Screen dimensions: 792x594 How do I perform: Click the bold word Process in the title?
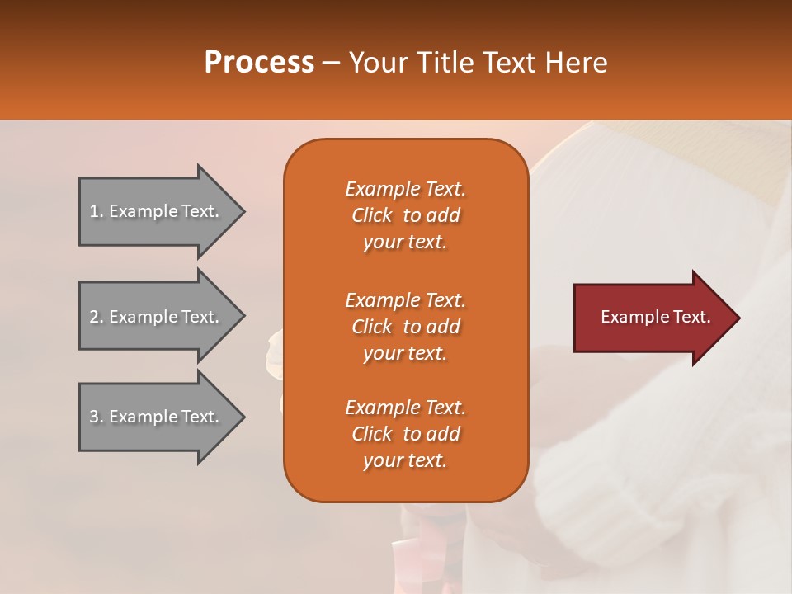[259, 63]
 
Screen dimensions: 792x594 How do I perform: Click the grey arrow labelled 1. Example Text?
[163, 212]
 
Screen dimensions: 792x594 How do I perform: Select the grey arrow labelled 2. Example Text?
[163, 316]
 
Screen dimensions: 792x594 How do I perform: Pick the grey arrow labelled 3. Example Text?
[163, 417]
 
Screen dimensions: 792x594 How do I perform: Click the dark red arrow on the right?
[657, 318]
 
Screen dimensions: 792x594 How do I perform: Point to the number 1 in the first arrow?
[94, 211]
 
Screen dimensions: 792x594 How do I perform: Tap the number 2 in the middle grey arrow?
[94, 317]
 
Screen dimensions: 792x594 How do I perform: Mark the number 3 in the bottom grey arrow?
[94, 417]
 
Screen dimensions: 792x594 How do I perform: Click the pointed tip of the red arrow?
[741, 318]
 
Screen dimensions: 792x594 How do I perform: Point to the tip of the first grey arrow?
[246, 212]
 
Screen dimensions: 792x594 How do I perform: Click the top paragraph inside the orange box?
[406, 215]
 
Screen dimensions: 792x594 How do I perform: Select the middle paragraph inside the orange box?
[406, 327]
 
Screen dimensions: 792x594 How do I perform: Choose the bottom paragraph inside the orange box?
[406, 434]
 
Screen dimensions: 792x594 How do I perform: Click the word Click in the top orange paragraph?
[372, 215]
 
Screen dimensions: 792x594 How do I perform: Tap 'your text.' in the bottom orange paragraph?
[405, 460]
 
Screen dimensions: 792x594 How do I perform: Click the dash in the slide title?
[332, 64]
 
